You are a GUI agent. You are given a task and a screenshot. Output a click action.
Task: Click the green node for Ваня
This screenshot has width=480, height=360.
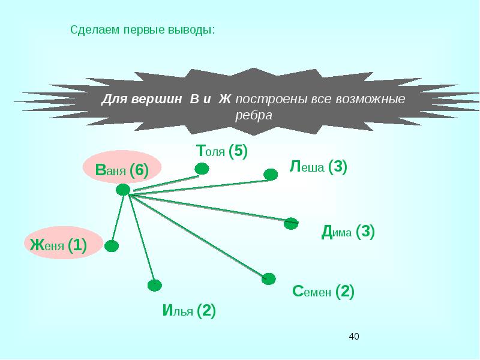pyautogui.click(x=123, y=190)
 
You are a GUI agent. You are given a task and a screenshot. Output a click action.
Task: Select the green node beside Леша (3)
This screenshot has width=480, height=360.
pyautogui.click(x=271, y=175)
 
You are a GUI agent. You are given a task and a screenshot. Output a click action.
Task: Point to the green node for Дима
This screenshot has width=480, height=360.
pyautogui.click(x=291, y=223)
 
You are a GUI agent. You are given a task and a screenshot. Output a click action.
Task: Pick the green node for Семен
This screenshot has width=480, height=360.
pyautogui.click(x=269, y=278)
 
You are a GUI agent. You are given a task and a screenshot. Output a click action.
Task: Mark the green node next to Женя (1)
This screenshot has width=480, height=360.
pyautogui.click(x=112, y=245)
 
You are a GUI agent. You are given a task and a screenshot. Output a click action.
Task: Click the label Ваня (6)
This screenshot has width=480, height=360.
pyautogui.click(x=122, y=170)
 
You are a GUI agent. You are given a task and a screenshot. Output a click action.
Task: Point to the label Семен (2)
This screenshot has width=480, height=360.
pyautogui.click(x=323, y=292)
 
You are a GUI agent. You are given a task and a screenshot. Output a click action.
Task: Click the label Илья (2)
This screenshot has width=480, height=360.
pyautogui.click(x=188, y=311)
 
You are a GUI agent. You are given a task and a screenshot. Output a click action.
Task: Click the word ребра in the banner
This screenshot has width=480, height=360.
pyautogui.click(x=254, y=115)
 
